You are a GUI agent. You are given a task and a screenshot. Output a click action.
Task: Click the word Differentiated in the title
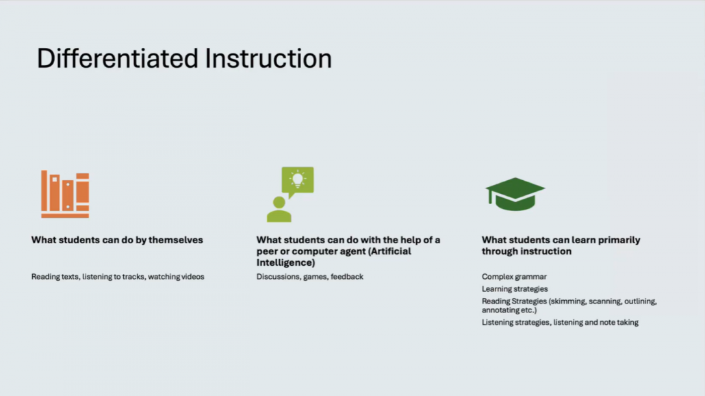117,58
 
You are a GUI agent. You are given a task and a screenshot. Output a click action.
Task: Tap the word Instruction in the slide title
268,58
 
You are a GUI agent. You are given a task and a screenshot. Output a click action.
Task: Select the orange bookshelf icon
65,194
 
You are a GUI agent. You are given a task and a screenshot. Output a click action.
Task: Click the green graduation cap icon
515,194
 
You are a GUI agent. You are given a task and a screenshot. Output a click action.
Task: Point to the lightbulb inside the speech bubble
297,180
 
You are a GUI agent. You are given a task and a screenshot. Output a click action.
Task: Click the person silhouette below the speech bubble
279,209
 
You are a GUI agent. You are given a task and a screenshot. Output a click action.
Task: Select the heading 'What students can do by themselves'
117,240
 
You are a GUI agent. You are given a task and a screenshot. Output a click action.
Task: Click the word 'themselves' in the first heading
176,240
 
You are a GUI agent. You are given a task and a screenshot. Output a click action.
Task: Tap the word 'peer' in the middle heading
267,251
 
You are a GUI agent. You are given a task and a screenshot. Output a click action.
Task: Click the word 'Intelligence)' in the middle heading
286,263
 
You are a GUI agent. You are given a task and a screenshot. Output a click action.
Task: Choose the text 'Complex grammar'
514,277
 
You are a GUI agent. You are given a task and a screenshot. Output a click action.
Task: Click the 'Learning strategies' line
515,289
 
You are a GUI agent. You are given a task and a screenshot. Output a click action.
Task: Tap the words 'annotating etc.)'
509,310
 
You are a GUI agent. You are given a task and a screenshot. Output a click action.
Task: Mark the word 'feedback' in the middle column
347,277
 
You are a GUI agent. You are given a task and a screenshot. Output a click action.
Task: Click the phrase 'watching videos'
177,277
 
